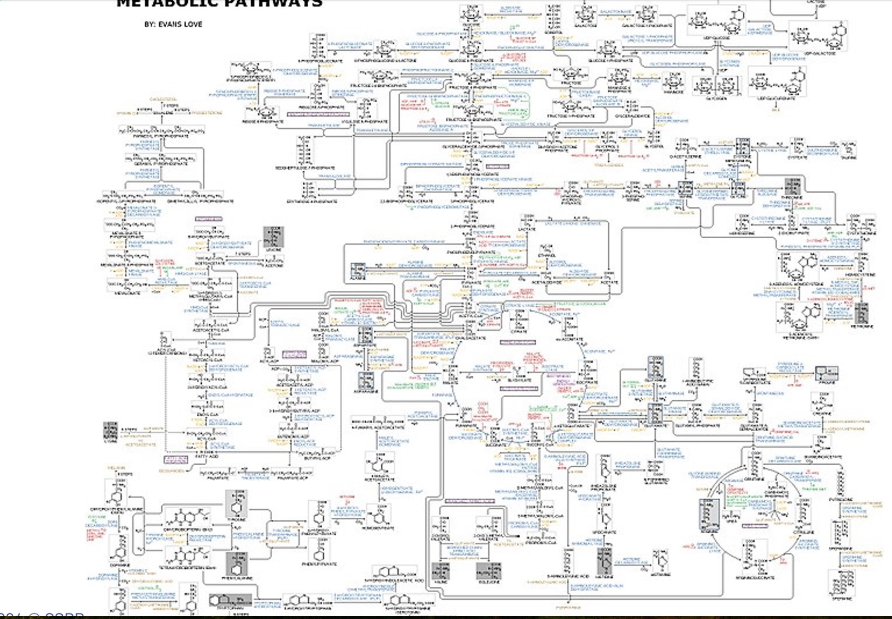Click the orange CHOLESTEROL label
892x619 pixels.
click(163, 99)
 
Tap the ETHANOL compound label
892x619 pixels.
click(546, 256)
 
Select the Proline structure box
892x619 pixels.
click(826, 373)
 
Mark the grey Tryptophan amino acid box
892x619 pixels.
click(230, 600)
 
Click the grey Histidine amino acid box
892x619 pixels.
click(604, 561)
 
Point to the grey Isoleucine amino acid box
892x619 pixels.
click(488, 571)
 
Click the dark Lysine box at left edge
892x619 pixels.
click(110, 431)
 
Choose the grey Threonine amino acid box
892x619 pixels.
click(793, 187)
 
